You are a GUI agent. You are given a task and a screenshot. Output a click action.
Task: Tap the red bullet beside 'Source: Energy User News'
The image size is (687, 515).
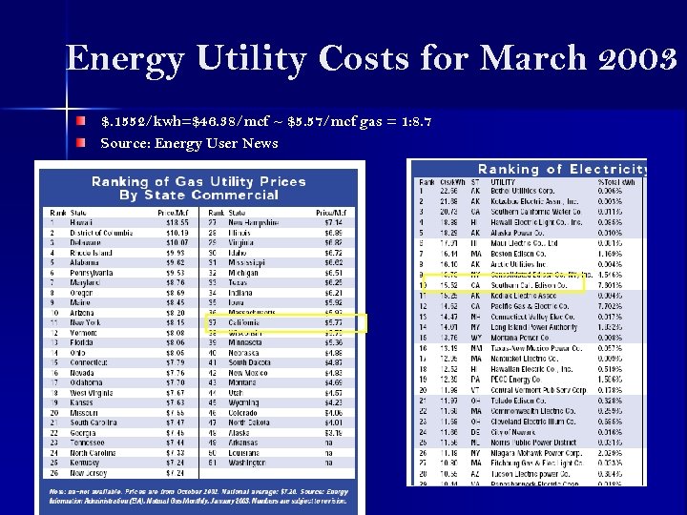(84, 143)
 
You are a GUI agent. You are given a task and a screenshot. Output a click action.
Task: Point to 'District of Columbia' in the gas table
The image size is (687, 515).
(101, 232)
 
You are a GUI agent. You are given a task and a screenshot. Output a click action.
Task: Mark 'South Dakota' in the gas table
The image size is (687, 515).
(251, 362)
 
